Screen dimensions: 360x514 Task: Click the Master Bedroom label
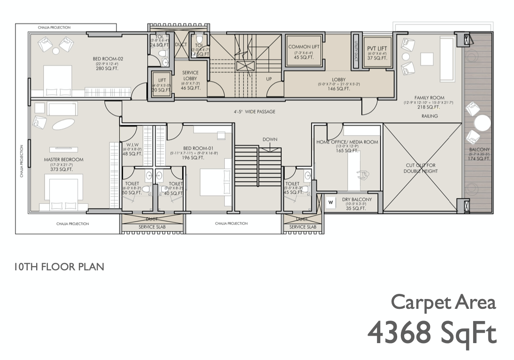click(x=63, y=160)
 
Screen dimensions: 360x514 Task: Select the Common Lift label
click(x=303, y=47)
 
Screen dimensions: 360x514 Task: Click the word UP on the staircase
click(x=269, y=79)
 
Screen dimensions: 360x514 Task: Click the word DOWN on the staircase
click(x=270, y=139)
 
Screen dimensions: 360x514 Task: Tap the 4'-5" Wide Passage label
click(x=254, y=112)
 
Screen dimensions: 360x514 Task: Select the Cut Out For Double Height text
click(x=421, y=168)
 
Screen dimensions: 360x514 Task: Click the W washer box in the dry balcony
click(x=330, y=203)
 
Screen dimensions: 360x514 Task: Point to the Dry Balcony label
click(x=357, y=199)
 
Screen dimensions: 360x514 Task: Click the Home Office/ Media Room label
click(x=347, y=142)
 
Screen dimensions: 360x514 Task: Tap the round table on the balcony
click(x=482, y=124)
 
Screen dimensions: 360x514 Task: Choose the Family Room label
click(x=429, y=98)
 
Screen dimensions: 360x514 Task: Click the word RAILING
click(x=430, y=116)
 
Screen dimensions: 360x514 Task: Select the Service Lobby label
click(x=190, y=76)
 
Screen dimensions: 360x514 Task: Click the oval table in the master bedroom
click(x=62, y=124)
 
